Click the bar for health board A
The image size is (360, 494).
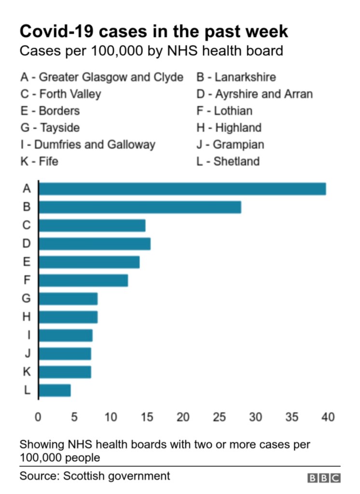[x=182, y=188]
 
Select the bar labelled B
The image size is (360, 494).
[x=139, y=207]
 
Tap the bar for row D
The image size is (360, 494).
[x=94, y=244]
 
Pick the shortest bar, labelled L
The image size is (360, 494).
[x=55, y=390]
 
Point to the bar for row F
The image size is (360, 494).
[x=83, y=281]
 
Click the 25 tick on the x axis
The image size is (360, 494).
[x=220, y=417]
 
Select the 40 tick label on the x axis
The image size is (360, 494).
[x=328, y=417]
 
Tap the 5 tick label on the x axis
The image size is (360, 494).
[x=74, y=417]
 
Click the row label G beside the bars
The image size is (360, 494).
[x=27, y=298]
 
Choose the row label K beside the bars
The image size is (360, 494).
[x=27, y=372]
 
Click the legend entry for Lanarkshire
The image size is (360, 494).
[x=236, y=77]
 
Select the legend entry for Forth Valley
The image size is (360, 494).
[x=60, y=94]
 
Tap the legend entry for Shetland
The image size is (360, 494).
[x=228, y=161]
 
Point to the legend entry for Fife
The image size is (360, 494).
[x=39, y=161]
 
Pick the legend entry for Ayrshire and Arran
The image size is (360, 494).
[x=254, y=94]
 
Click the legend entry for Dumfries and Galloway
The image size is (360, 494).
[x=88, y=144]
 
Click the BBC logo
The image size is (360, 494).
[x=324, y=478]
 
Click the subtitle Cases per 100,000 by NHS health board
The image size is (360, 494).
[x=151, y=51]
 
